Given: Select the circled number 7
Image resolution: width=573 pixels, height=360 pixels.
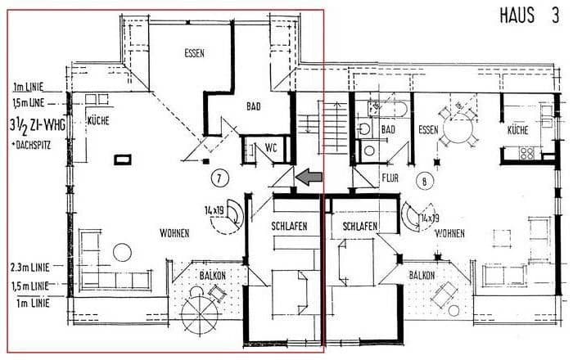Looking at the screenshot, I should (x=218, y=178).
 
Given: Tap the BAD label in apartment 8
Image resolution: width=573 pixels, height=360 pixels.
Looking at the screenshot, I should (x=389, y=130).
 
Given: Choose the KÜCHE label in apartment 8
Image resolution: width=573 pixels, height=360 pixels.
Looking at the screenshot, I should (x=517, y=130).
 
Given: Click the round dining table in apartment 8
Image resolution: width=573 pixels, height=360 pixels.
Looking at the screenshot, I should (x=461, y=128).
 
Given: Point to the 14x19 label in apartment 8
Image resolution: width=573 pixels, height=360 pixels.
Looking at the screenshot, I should (x=429, y=218).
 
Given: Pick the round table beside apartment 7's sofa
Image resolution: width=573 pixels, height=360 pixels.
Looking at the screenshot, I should (x=122, y=252).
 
